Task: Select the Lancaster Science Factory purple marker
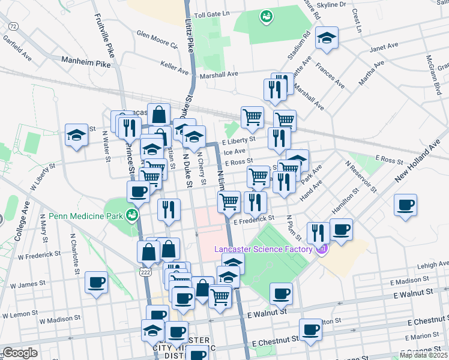(322, 249)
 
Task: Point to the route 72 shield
(13, 26)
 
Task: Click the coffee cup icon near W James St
(96, 282)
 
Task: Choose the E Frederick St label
(255, 221)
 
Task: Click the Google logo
(20, 353)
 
